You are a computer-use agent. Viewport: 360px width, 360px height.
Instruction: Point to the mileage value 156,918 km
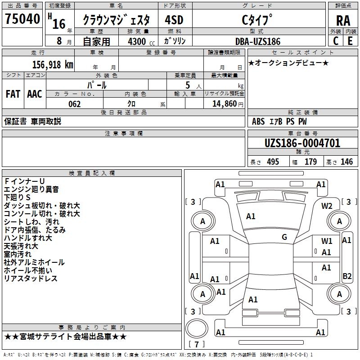(x=53, y=64)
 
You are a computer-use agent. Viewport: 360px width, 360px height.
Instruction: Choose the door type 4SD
(x=174, y=20)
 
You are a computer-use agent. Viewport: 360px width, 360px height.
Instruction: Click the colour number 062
(x=74, y=104)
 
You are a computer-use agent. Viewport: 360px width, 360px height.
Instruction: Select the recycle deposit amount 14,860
(x=224, y=104)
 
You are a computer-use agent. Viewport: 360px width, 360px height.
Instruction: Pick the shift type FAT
(x=13, y=94)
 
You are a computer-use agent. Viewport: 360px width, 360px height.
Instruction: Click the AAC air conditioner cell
(x=35, y=94)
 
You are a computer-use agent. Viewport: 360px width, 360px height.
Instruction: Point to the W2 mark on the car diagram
(x=327, y=206)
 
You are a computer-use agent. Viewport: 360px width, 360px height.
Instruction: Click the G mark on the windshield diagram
(x=284, y=237)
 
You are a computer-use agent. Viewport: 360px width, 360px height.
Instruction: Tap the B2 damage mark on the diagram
(x=347, y=276)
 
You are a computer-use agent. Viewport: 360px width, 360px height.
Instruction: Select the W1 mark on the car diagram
(x=327, y=241)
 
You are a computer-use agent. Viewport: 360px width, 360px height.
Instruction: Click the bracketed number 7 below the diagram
(x=196, y=345)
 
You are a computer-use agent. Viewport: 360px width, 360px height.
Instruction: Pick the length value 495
(x=272, y=162)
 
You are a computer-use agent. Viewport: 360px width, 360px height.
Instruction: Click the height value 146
(x=346, y=162)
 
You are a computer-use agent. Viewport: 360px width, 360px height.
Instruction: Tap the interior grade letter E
(x=350, y=40)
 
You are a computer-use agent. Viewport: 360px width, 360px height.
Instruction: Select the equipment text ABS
(x=258, y=121)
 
